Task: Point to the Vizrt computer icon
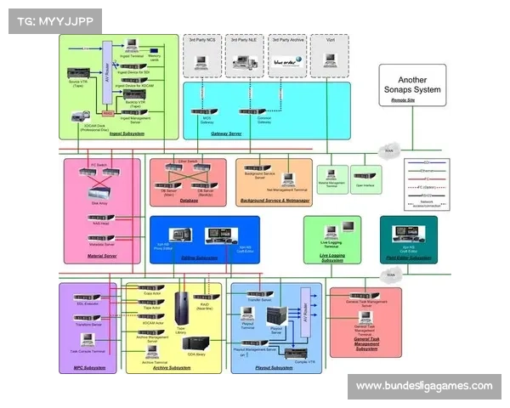[x=329, y=61]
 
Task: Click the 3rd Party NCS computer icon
[x=202, y=61]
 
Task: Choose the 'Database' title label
[x=189, y=201]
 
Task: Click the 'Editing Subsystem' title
[x=201, y=258]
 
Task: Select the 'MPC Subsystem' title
[x=88, y=368]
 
